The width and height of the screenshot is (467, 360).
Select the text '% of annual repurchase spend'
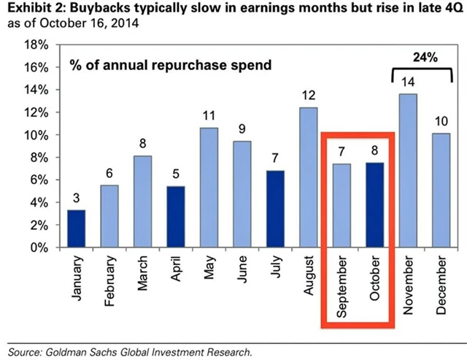[x=170, y=65]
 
